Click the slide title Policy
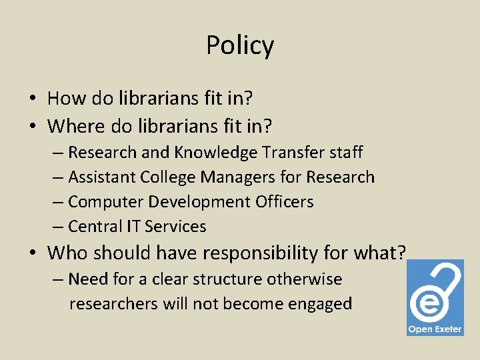point(240,45)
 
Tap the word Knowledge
point(216,153)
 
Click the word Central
point(95,226)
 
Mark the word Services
point(175,226)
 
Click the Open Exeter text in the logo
point(435,329)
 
